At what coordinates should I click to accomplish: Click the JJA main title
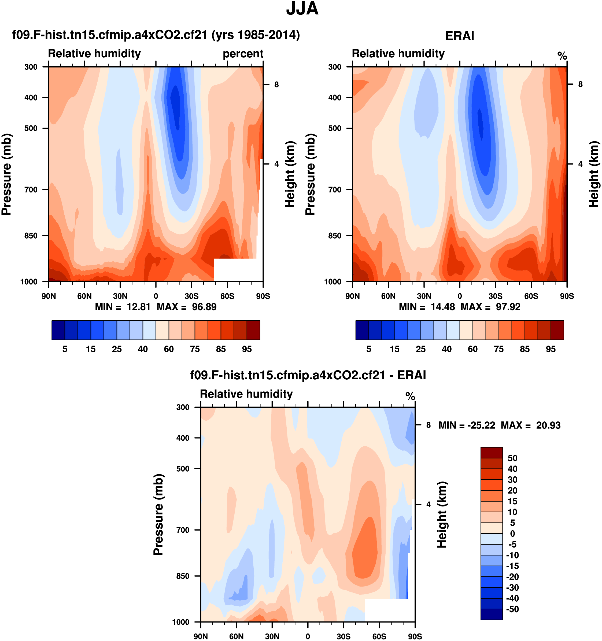302,9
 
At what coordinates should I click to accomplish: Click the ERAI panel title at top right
460,36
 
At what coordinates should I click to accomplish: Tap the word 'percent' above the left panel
243,54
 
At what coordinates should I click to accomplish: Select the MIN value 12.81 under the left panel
138,307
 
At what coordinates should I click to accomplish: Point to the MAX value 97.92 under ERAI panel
508,307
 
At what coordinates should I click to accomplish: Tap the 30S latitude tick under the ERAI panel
495,296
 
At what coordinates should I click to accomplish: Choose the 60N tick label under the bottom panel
236,636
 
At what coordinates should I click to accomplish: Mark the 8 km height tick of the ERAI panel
580,84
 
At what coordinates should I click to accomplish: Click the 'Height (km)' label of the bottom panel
441,515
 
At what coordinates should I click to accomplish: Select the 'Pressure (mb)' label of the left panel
6,174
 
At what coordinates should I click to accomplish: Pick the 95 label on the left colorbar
247,349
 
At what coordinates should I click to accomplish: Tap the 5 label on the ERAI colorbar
368,349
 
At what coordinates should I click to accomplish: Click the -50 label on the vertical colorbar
512,609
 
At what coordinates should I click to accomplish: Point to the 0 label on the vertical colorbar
512,533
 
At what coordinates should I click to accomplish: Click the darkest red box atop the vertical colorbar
492,452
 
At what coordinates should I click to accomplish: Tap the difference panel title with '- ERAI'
308,375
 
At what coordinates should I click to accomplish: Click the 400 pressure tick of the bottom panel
183,438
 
